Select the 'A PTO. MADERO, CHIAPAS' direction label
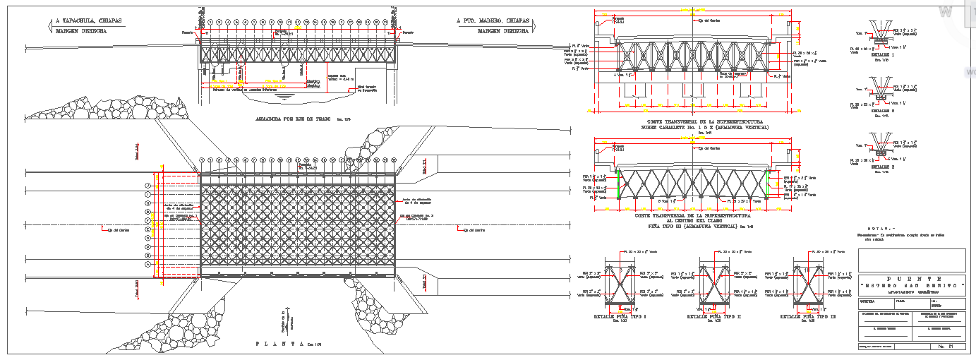click(493, 21)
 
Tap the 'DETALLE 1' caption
click(881, 54)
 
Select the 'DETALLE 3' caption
click(881, 167)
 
